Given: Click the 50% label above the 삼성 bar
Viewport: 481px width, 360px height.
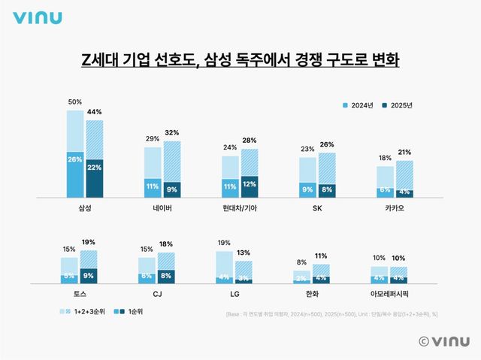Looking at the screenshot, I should pos(74,101).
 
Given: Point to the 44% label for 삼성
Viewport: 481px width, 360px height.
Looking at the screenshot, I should pos(95,112).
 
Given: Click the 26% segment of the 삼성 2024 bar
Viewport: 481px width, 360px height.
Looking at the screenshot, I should pos(74,159).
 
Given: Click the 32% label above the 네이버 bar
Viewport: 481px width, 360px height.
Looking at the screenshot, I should pos(171,133).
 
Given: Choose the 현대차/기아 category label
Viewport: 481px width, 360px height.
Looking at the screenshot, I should pos(239,207).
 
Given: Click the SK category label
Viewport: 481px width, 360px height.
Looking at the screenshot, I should pos(317,207).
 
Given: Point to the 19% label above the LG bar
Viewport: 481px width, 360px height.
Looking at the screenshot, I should pos(224,243).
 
